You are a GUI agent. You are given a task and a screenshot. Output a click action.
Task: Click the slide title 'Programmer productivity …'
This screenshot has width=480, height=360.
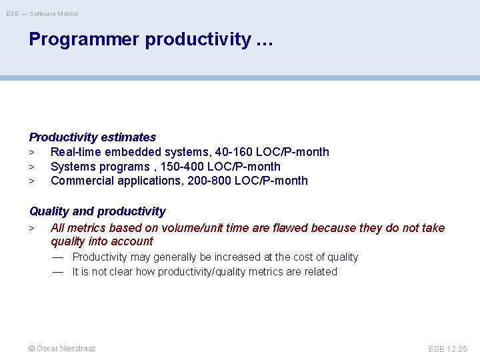point(151,39)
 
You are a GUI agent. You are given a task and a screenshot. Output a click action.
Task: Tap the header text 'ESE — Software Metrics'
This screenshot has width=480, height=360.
point(42,13)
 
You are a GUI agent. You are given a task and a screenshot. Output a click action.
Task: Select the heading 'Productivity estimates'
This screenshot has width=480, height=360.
point(92,137)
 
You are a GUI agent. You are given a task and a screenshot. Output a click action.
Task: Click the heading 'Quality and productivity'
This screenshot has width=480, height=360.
point(97,211)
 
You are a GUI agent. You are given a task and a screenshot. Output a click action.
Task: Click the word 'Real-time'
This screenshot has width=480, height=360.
point(75,152)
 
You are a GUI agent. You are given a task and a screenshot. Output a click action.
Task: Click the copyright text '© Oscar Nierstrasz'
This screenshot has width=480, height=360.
point(62,349)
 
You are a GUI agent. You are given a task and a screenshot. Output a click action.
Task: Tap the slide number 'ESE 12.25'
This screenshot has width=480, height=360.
point(448,349)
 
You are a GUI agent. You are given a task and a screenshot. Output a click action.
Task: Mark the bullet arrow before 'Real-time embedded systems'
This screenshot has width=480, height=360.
point(31,153)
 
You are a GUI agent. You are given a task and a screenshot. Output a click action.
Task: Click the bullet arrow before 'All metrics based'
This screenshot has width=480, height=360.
point(31,229)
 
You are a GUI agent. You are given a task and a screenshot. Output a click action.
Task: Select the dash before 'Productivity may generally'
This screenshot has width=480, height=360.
point(58,257)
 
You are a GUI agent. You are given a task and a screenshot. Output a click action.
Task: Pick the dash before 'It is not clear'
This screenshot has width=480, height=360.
point(58,272)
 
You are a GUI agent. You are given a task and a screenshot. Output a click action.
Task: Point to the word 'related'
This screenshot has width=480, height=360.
point(320,272)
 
